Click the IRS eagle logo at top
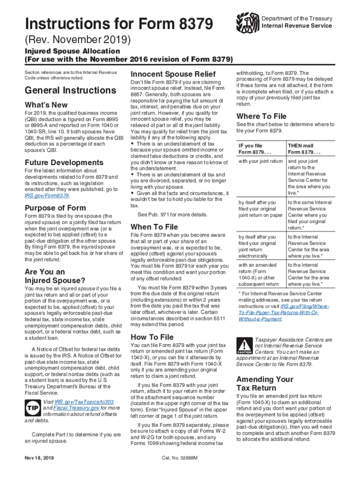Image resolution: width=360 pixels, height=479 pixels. (247, 22)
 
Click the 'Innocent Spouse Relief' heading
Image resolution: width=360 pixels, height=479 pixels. (173, 74)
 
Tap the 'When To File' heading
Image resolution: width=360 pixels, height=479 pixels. (154, 226)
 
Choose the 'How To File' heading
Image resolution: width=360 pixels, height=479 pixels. (152, 337)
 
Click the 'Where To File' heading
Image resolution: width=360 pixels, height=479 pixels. (261, 116)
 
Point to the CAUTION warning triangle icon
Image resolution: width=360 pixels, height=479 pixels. (245, 345)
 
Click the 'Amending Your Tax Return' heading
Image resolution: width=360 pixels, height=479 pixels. (265, 383)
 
